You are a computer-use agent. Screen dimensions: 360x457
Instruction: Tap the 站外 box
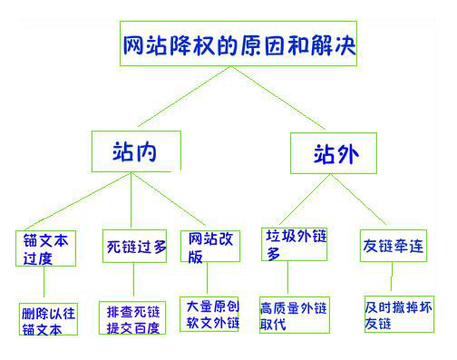(x=332, y=151)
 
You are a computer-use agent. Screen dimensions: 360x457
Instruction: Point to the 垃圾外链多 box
(x=293, y=243)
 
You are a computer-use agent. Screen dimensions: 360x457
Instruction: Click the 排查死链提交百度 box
(x=133, y=318)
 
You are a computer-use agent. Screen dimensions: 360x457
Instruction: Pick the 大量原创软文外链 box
(x=209, y=313)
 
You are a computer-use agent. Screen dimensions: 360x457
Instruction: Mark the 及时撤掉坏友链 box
(x=398, y=313)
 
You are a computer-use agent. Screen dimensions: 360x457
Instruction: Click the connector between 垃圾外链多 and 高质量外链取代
(x=287, y=278)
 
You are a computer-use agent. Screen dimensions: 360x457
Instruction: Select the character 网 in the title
(x=134, y=43)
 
